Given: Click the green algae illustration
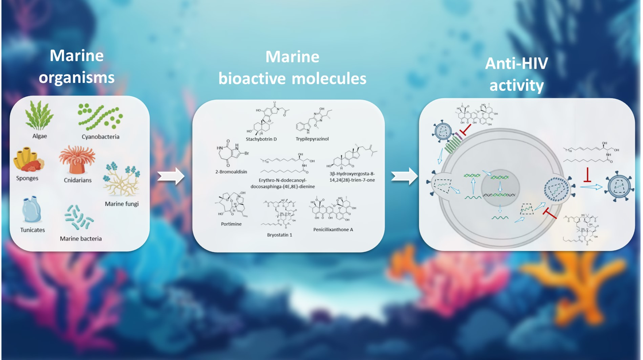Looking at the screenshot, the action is [x=39, y=116].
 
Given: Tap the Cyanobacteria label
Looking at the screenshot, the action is [x=100, y=137].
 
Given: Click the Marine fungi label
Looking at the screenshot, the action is [x=122, y=204].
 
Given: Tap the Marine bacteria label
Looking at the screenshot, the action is [x=81, y=239].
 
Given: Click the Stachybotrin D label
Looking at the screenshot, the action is [x=261, y=139].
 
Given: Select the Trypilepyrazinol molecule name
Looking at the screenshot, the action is [x=312, y=139].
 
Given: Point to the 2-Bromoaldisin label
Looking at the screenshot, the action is [x=231, y=172].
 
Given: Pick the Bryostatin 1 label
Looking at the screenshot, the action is [x=279, y=235].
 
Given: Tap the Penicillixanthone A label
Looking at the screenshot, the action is [x=333, y=230].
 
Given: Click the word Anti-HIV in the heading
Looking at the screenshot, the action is [x=516, y=64].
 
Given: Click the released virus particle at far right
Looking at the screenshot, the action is [x=619, y=187].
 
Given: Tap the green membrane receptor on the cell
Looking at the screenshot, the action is [x=453, y=146].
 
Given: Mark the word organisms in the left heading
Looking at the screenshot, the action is [x=77, y=78].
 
